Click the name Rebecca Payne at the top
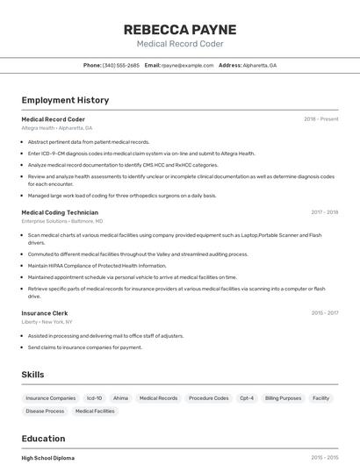(x=180, y=29)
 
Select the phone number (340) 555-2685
(x=120, y=65)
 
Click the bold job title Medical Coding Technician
(x=60, y=212)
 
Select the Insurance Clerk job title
(x=45, y=313)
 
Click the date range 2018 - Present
(x=320, y=118)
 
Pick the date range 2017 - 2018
(x=324, y=212)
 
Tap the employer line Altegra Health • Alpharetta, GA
(x=57, y=128)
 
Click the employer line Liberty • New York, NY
(x=47, y=322)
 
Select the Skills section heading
(x=32, y=375)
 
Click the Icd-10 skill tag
(x=94, y=398)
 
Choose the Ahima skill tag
(x=120, y=398)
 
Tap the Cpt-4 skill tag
(x=247, y=398)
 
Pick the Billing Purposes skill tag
(x=283, y=398)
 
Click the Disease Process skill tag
(x=45, y=411)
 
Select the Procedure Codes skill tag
(x=208, y=398)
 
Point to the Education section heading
(x=43, y=439)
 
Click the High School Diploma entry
(x=48, y=458)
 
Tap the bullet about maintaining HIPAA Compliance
(x=97, y=265)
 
